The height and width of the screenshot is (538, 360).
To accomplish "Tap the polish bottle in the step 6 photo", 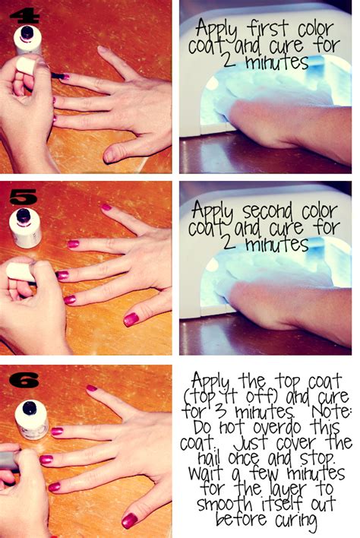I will click(x=33, y=417).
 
